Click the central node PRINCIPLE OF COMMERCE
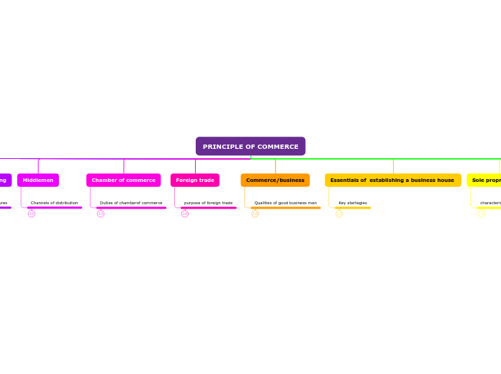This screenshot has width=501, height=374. (x=250, y=147)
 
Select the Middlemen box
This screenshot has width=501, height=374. (x=38, y=180)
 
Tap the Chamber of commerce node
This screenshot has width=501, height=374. (x=124, y=180)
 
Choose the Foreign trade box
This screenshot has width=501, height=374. (x=195, y=180)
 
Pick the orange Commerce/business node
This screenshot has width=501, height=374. (x=275, y=180)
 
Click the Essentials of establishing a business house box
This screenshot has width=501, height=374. (x=392, y=180)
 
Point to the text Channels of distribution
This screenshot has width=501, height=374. (x=55, y=203)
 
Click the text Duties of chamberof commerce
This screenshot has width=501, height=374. (x=131, y=203)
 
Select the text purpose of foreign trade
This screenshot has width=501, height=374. (x=208, y=203)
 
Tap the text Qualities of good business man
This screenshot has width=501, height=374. (x=285, y=203)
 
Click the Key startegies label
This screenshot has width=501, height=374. (x=353, y=203)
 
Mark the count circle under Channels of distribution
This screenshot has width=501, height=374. (x=32, y=214)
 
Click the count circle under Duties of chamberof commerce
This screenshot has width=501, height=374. (x=101, y=214)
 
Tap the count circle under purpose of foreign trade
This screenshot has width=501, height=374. (x=185, y=214)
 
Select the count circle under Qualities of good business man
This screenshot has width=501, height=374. (x=255, y=214)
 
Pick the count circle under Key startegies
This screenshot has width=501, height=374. (x=339, y=214)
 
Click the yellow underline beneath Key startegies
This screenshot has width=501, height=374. (x=353, y=208)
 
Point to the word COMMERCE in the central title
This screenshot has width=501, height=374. (x=274, y=147)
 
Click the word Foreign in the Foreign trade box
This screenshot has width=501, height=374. (x=186, y=180)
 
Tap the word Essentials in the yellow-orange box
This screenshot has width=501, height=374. (x=346, y=180)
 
